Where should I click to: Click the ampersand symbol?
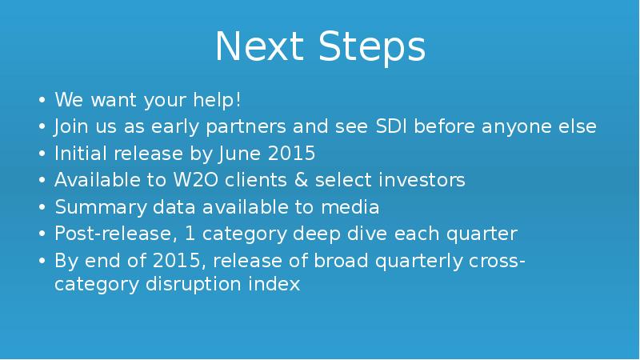tap(299, 180)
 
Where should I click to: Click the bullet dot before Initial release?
tap(42, 154)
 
